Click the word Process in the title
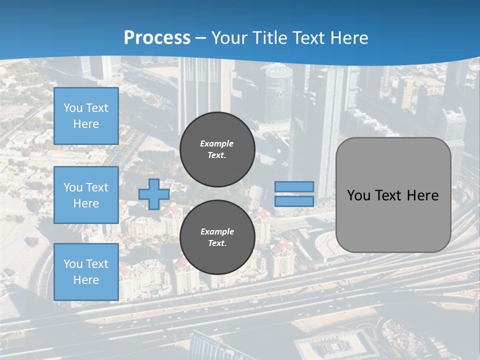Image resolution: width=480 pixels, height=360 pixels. (157, 38)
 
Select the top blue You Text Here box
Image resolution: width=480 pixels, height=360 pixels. (86, 116)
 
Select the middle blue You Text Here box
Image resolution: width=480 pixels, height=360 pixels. (86, 195)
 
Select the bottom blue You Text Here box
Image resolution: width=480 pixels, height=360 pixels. (86, 272)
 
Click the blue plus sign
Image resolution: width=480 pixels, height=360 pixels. (153, 194)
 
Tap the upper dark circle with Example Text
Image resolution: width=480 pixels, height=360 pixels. (217, 149)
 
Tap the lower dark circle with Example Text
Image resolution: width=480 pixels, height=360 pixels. (217, 237)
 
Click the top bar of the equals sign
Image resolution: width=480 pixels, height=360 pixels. (294, 186)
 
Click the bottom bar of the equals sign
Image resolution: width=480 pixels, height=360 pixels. (294, 201)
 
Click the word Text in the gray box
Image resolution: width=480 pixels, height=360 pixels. (389, 195)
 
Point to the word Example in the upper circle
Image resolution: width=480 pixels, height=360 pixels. (217, 143)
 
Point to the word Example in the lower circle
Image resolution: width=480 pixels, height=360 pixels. (217, 231)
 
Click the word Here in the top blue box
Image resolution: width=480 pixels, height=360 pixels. (86, 124)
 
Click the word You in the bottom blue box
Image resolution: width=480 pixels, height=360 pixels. (73, 264)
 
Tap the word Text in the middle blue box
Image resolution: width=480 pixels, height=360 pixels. (96, 187)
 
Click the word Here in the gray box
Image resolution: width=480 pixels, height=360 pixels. (422, 195)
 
